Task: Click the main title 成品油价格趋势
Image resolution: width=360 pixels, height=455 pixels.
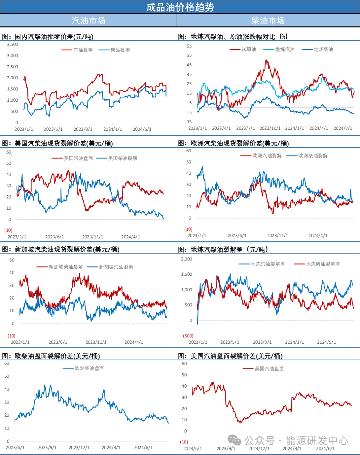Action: click(180, 7)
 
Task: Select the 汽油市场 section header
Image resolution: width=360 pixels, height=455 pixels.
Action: click(88, 20)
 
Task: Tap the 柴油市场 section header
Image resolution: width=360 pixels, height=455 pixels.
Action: click(268, 20)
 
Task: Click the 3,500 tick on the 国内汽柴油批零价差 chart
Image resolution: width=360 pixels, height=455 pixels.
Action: click(13, 44)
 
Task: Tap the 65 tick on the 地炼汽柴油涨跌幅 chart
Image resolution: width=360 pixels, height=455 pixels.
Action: click(189, 46)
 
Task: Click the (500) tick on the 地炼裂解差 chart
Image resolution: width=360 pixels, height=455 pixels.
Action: click(188, 336)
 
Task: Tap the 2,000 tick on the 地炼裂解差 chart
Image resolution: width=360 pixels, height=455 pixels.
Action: click(187, 259)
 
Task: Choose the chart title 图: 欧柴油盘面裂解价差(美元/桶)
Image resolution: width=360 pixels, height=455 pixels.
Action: click(51, 356)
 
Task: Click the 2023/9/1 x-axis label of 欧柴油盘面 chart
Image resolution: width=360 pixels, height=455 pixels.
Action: click(47, 447)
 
